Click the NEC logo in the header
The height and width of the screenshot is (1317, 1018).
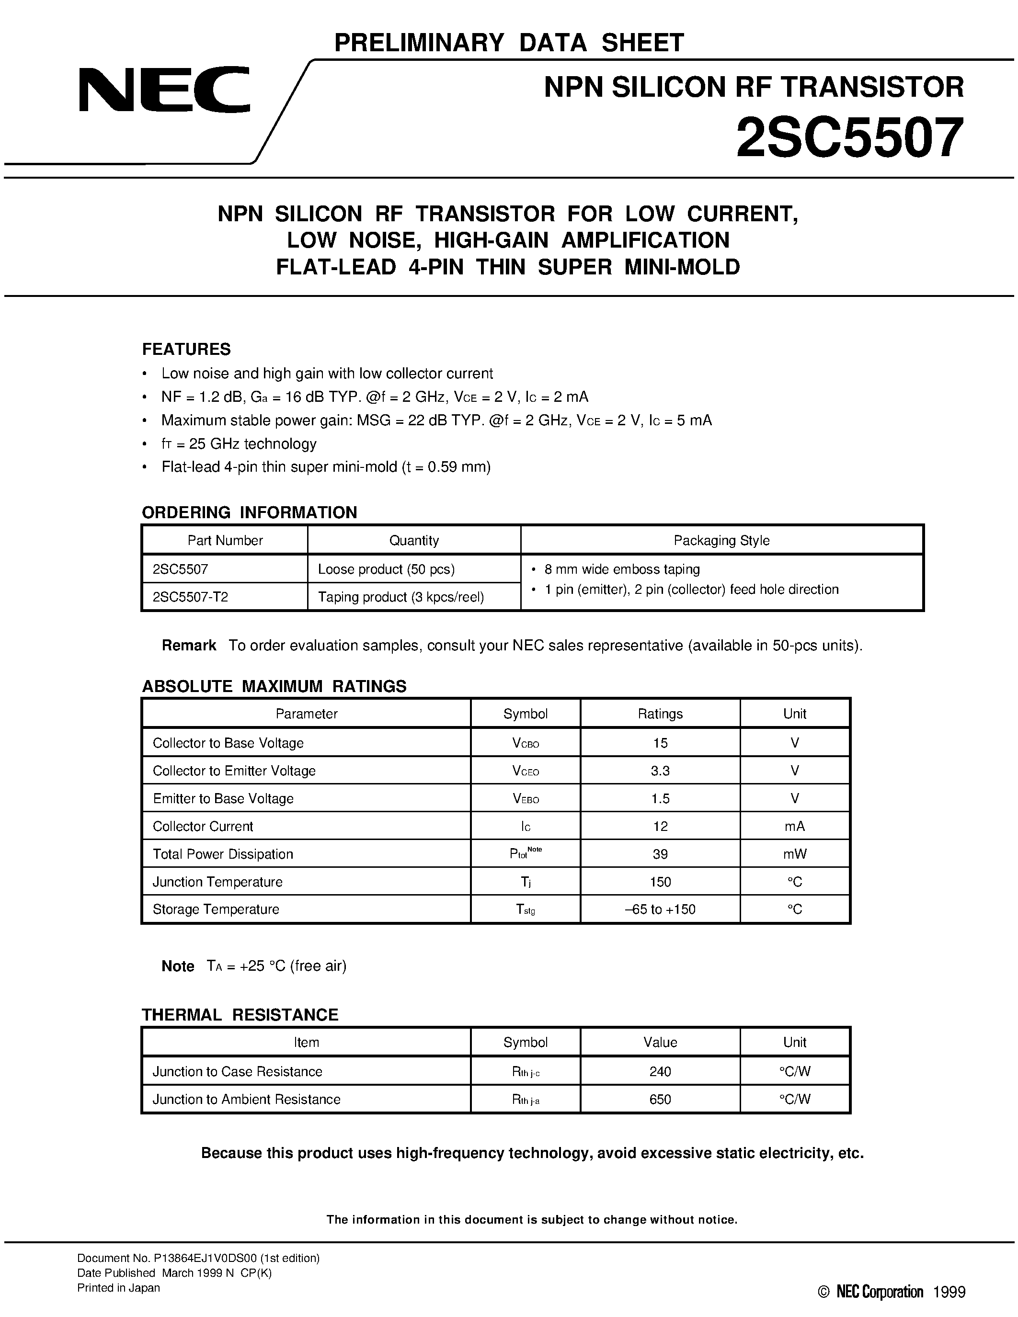(163, 90)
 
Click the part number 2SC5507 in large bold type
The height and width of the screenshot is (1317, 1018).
(849, 137)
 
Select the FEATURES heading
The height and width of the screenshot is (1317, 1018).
(186, 349)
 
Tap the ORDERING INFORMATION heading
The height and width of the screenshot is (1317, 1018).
(249, 512)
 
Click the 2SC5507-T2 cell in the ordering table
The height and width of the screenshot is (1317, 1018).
(190, 597)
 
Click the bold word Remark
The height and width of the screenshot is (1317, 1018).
(189, 645)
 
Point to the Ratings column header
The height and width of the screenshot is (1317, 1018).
(660, 714)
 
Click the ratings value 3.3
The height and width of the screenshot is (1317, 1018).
(660, 771)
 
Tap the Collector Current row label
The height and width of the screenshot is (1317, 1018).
(203, 826)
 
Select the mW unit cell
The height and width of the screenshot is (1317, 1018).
(794, 854)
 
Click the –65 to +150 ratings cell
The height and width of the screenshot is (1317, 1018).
(660, 909)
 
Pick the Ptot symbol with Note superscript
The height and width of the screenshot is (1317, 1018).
(525, 853)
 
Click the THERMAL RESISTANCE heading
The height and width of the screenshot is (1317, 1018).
(240, 1015)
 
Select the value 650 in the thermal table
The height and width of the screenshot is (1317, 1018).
(660, 1099)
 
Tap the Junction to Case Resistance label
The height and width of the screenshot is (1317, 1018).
(237, 1072)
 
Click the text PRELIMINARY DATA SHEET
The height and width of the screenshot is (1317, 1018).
(508, 43)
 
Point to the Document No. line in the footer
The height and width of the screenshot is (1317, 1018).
(198, 1259)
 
